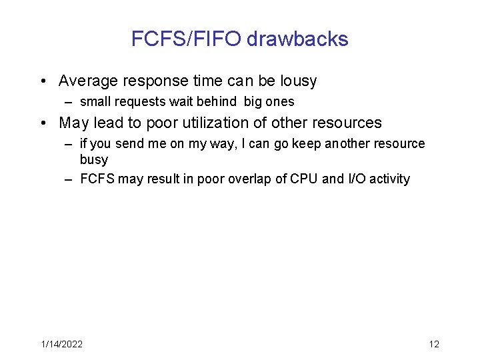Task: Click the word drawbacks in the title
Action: (297, 39)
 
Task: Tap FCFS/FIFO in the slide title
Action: (186, 39)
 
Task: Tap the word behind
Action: (217, 102)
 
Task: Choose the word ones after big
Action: (279, 102)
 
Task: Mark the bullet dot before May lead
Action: (43, 123)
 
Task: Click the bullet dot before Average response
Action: (43, 81)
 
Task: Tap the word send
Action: (129, 144)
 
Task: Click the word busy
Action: (93, 159)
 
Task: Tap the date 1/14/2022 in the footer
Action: (62, 344)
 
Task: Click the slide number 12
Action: (434, 344)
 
